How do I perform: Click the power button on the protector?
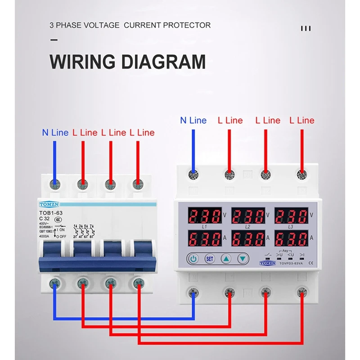pyautogui.click(x=193, y=259)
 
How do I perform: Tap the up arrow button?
pyautogui.click(x=226, y=259)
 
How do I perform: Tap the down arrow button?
pyautogui.click(x=243, y=259)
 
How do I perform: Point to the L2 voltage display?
pyautogui.click(x=247, y=216)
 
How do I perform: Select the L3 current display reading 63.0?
pyautogui.click(x=291, y=238)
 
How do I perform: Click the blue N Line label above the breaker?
pyautogui.click(x=55, y=133)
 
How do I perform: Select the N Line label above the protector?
pyautogui.click(x=193, y=121)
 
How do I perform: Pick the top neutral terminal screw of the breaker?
pyautogui.click(x=55, y=184)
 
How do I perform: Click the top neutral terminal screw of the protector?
pyautogui.click(x=193, y=174)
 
